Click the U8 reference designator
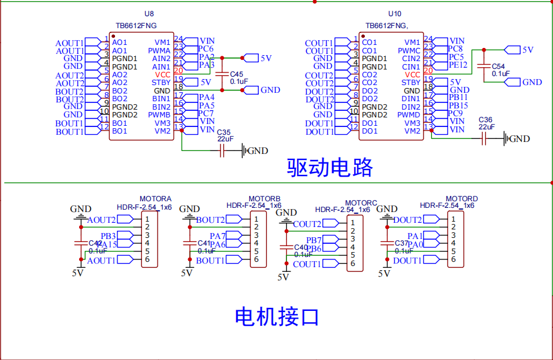(x=149, y=14)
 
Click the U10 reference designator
(x=395, y=14)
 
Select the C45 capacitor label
(x=236, y=74)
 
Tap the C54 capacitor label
(x=498, y=66)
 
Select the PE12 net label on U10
(x=458, y=65)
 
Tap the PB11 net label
(x=458, y=97)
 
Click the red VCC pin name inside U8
(x=162, y=74)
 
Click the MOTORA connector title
(x=155, y=198)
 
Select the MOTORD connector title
(x=462, y=198)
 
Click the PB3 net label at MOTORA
(x=108, y=236)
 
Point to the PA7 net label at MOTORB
(x=217, y=236)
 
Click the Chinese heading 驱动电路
(x=330, y=167)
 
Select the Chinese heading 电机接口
(x=276, y=316)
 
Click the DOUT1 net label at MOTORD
(x=407, y=260)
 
